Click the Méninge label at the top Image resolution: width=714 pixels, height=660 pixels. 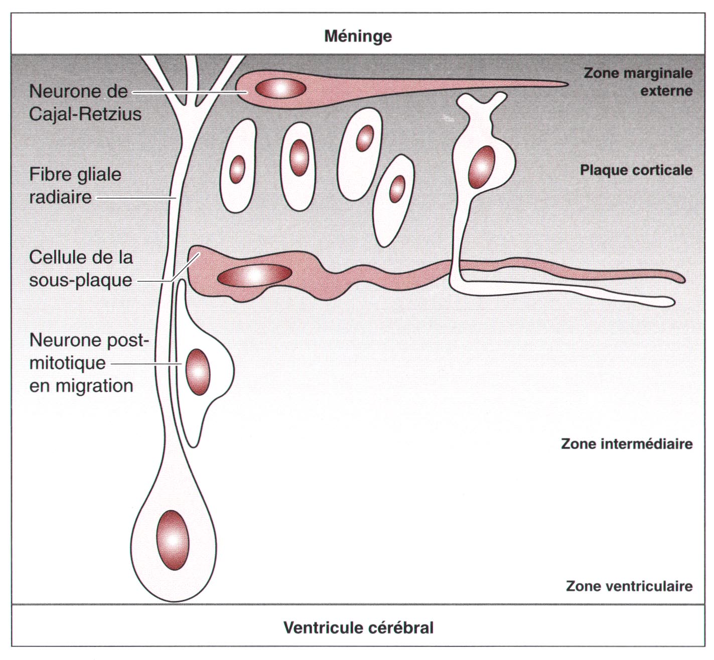pos(358,36)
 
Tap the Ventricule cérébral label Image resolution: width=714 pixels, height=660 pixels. pos(358,627)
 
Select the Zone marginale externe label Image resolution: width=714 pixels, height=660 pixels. pos(638,82)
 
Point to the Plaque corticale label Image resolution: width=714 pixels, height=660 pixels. pos(636,170)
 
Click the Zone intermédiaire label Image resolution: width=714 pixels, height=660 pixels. pos(627,444)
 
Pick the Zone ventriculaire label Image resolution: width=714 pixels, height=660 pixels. pos(629,586)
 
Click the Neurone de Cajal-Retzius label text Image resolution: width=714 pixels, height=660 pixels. pos(85,103)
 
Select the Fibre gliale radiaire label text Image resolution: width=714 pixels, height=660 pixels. pos(75,186)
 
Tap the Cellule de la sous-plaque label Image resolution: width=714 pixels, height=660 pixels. pos(81,268)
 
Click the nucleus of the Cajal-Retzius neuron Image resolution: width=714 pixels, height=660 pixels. pos(280,89)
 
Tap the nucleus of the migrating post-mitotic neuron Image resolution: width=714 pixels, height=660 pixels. pos(198,372)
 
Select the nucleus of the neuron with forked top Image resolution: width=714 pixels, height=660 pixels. pos(482,167)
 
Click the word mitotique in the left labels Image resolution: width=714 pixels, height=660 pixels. pos(67,363)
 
